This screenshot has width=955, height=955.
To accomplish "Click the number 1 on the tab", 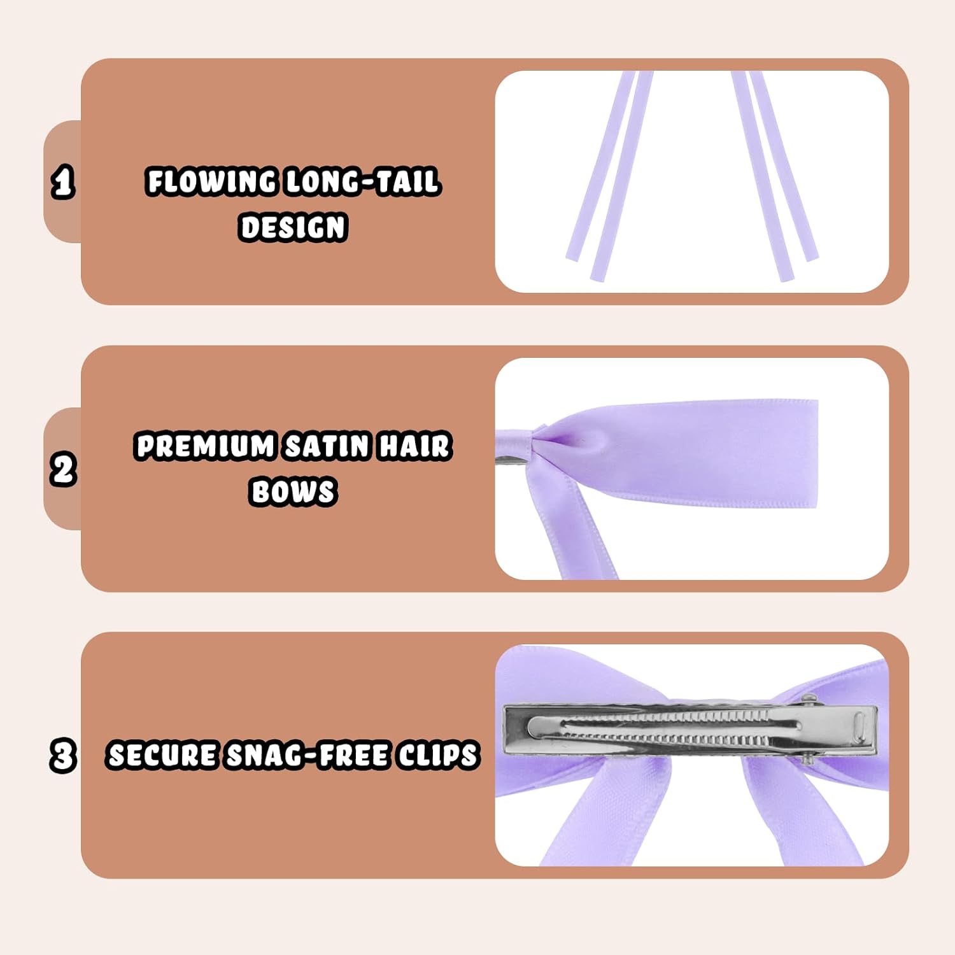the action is click(62, 183).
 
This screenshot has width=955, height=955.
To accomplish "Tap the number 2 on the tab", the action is click(63, 470).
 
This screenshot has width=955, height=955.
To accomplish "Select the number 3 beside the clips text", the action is click(63, 756).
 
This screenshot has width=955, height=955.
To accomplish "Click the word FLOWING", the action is click(211, 181).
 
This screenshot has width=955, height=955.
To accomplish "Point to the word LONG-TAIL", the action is click(362, 181).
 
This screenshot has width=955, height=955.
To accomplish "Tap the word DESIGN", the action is click(294, 227).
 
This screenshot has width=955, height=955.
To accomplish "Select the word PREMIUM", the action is click(205, 446).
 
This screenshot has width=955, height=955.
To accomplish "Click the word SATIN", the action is click(327, 446).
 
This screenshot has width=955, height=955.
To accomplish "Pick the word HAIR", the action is click(415, 446).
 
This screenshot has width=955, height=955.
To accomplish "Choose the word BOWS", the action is click(294, 492).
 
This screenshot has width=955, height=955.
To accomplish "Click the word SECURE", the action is click(162, 756).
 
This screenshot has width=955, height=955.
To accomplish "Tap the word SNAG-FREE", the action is click(309, 756).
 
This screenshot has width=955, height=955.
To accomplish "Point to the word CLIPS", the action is click(439, 756).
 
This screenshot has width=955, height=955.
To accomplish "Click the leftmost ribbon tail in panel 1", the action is click(600, 166).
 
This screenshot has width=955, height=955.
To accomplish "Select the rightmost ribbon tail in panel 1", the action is click(783, 166).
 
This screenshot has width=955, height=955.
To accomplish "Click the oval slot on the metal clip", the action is click(858, 727).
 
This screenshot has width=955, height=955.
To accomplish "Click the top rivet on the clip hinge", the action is click(809, 700).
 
